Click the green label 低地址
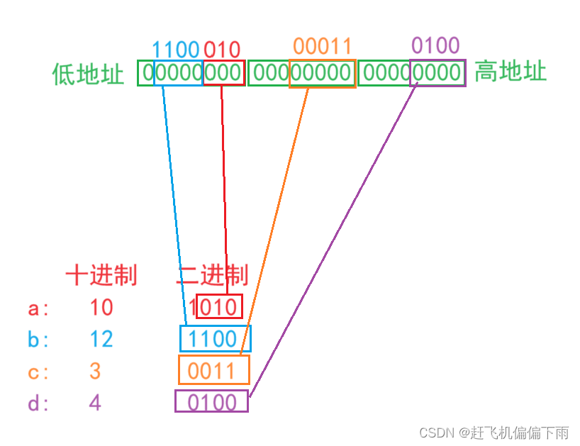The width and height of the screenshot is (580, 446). (88, 74)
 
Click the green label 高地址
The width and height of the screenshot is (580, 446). (510, 72)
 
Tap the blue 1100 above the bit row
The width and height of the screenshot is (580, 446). (176, 50)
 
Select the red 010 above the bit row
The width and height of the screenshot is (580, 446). (223, 50)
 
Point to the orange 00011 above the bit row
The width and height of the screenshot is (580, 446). (322, 47)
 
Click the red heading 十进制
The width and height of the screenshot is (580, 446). (101, 275)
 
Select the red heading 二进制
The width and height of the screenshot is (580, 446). (211, 275)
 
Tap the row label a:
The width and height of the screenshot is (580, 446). (38, 308)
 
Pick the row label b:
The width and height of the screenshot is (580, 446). (38, 340)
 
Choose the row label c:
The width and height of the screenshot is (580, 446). (38, 372)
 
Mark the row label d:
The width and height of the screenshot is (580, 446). (38, 403)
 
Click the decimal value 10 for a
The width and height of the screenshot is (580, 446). (101, 308)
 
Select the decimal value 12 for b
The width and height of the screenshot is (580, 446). (101, 339)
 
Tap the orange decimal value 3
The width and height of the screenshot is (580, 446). (95, 371)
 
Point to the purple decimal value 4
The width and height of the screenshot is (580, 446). (95, 403)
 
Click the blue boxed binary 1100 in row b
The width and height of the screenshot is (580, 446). (215, 339)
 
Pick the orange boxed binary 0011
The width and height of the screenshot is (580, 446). (213, 370)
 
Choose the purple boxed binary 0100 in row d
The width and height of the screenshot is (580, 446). (212, 402)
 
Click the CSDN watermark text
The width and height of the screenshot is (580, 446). (493, 432)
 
